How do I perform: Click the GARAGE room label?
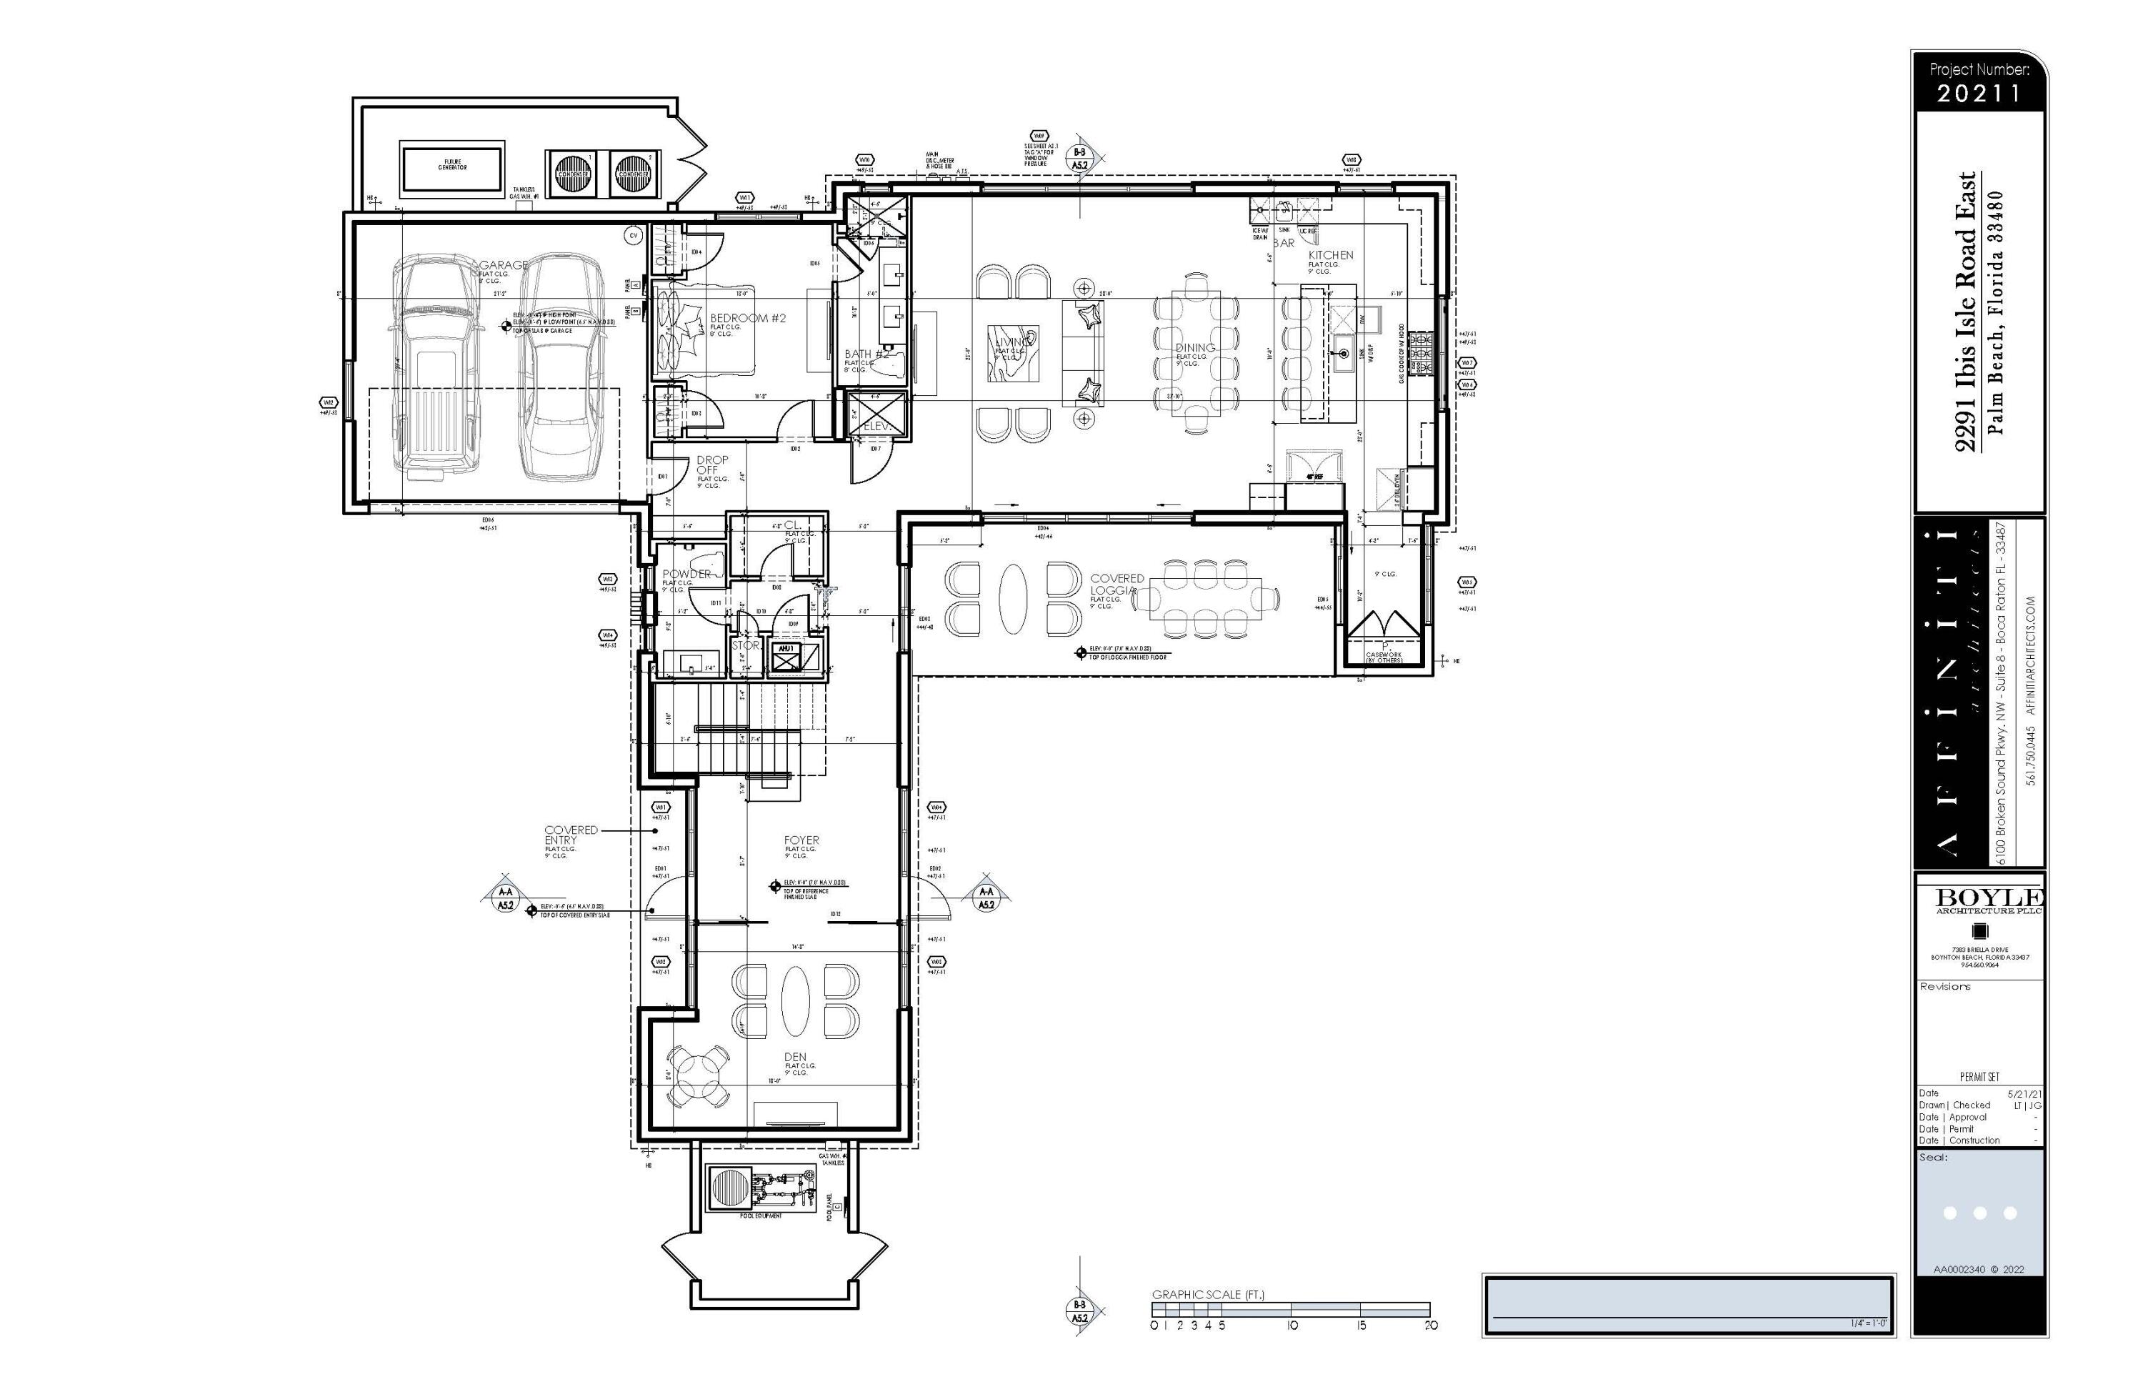[x=504, y=265]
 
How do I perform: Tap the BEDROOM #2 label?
[x=747, y=318]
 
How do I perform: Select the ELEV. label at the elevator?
[x=876, y=426]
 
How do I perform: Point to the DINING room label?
[x=1195, y=348]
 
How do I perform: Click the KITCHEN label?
[x=1330, y=255]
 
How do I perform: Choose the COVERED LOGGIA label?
[x=1117, y=585]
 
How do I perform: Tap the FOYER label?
[x=801, y=840]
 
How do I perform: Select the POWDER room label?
[x=686, y=574]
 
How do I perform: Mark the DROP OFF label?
[x=711, y=464]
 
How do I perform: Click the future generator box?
[x=452, y=166]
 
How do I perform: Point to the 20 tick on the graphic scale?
[x=1431, y=1325]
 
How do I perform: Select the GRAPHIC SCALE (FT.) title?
[x=1207, y=1295]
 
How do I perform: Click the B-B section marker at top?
[x=1079, y=159]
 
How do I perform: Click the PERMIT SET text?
[x=1979, y=1077]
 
